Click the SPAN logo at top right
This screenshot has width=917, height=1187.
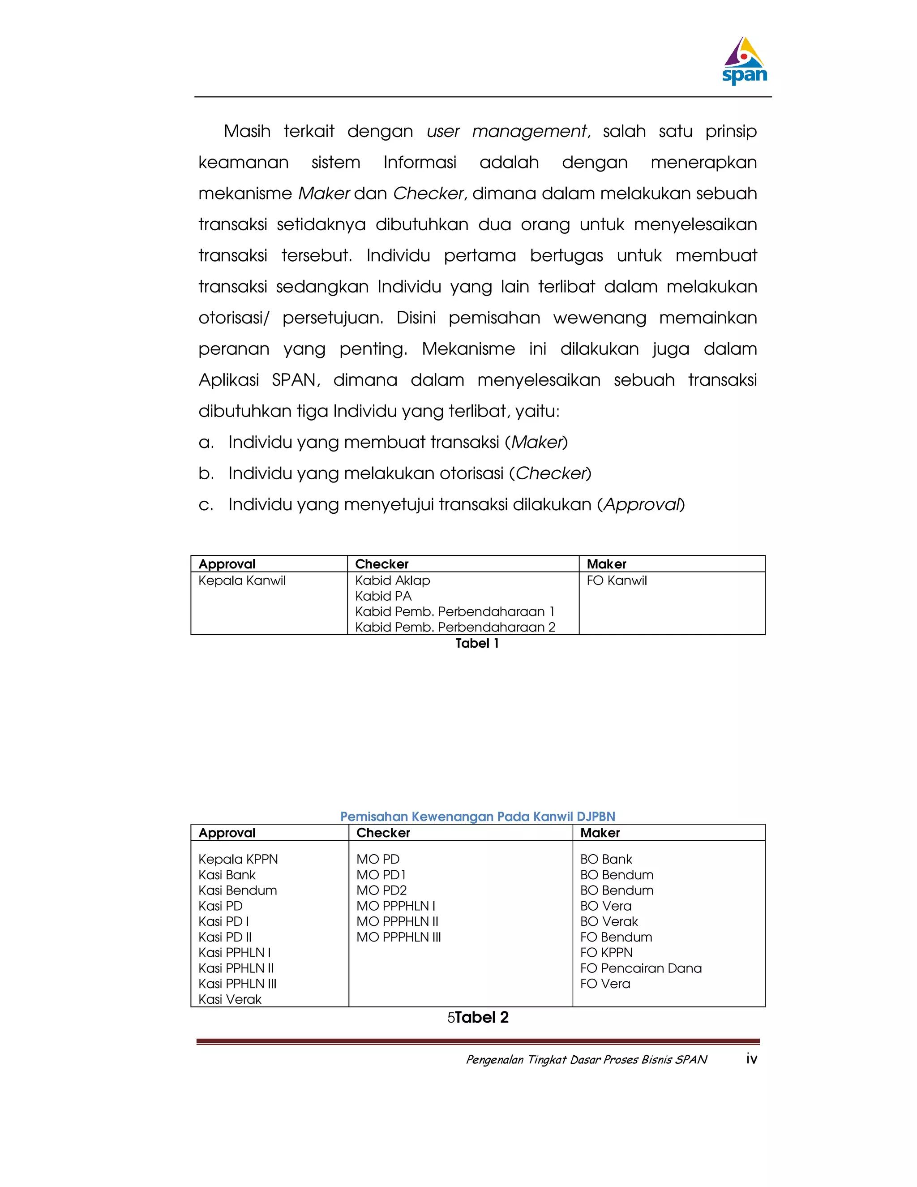(744, 61)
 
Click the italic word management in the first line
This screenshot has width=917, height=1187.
(530, 132)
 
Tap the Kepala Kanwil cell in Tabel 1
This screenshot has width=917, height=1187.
(242, 581)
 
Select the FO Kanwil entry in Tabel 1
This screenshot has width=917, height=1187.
(617, 581)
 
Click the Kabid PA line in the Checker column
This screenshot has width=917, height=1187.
(384, 596)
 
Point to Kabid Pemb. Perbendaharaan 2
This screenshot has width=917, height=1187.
(455, 627)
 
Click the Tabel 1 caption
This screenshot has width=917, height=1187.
(477, 644)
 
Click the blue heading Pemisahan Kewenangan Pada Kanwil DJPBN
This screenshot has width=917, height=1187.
(477, 816)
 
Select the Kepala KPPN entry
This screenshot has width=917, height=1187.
(238, 859)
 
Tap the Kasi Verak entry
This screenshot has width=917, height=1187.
(230, 999)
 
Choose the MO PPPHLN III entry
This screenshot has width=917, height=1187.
(399, 937)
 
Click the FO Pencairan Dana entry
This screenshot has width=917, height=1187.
(641, 968)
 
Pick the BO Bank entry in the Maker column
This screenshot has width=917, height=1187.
(606, 859)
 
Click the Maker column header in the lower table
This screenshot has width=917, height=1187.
(600, 833)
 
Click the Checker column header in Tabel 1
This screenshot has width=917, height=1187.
(382, 564)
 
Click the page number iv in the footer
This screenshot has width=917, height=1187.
(751, 1059)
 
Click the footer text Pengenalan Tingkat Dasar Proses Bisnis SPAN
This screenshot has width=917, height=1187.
(587, 1059)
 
